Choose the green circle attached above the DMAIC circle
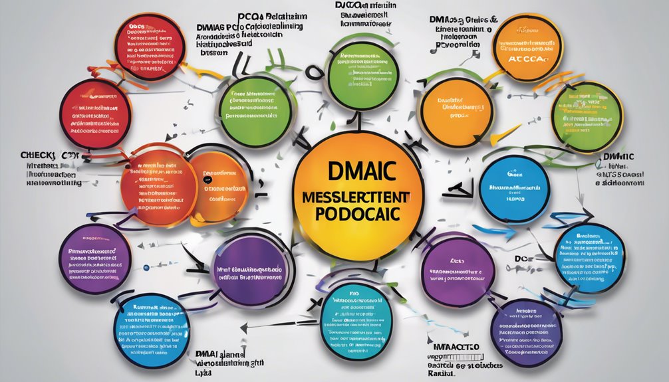click(362, 71)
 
